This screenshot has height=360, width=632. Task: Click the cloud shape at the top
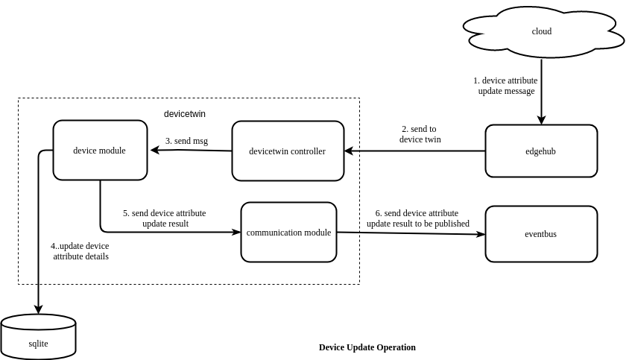click(542, 31)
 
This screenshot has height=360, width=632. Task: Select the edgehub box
click(541, 151)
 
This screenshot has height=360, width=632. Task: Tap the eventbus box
click(541, 234)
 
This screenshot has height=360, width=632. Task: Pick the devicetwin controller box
click(288, 151)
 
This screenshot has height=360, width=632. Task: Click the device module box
click(100, 151)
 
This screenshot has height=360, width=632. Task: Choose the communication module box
click(288, 233)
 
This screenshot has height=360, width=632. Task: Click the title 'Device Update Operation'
click(367, 347)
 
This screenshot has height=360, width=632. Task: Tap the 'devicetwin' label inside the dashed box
click(185, 114)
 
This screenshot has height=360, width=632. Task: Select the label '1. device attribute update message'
click(505, 86)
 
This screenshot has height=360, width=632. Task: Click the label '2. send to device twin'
click(420, 134)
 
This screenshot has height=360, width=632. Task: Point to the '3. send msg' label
click(186, 141)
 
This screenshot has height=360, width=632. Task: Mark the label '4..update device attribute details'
click(80, 251)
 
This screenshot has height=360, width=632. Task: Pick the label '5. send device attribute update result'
click(165, 218)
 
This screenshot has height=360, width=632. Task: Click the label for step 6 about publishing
click(417, 218)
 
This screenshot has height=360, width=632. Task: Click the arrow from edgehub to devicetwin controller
click(414, 151)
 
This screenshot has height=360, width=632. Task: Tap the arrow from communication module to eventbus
click(410, 233)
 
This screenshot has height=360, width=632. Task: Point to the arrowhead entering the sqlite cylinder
click(38, 309)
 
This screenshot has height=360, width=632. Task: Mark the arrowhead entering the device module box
click(154, 150)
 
